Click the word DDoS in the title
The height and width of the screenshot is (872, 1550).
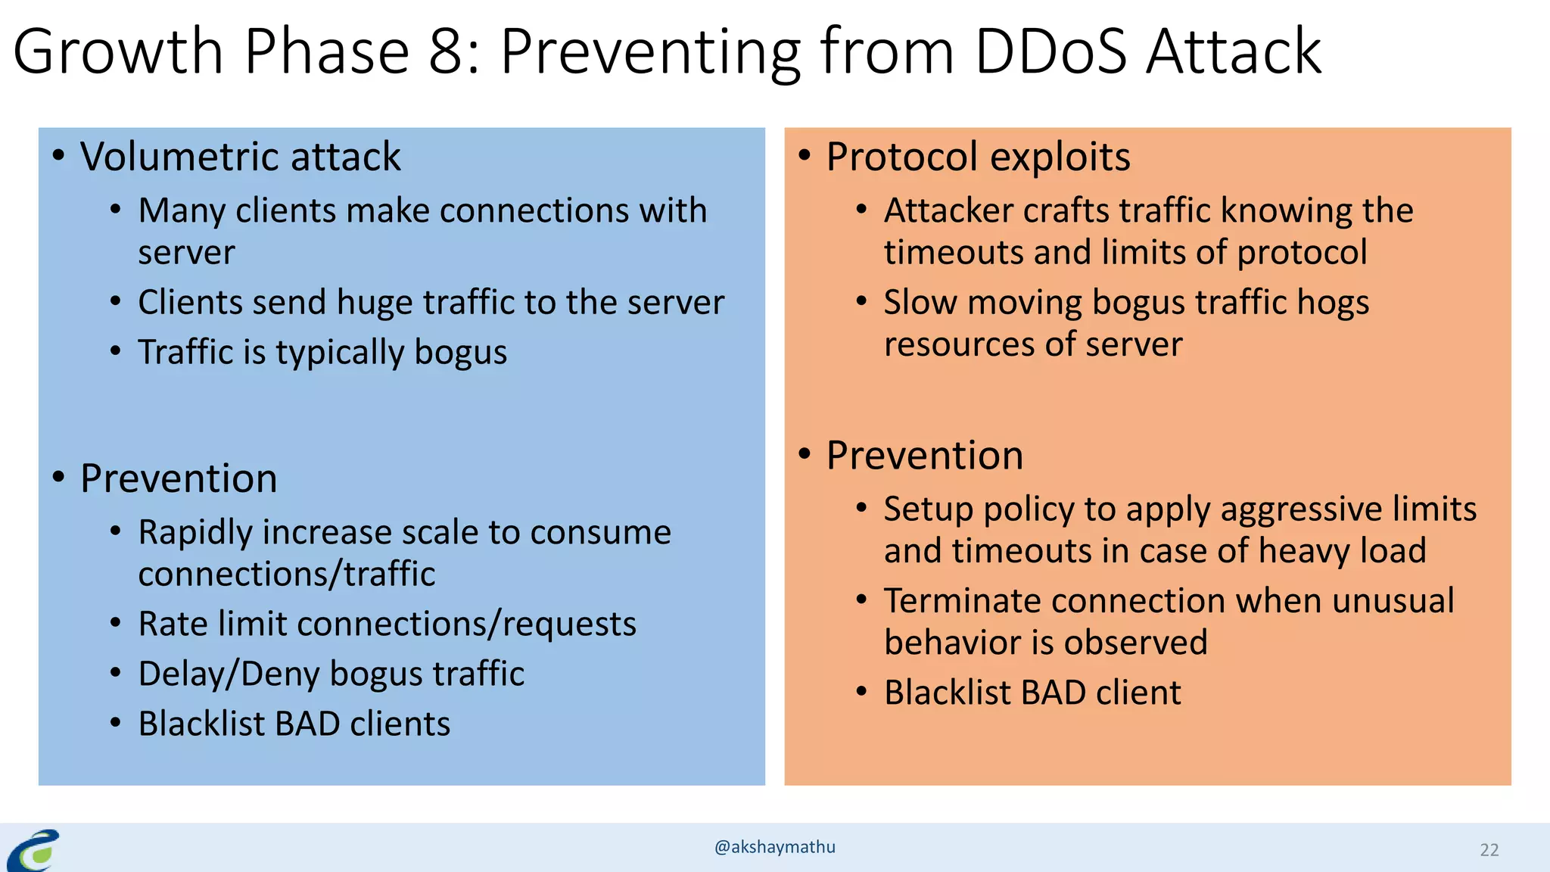pos(1050,51)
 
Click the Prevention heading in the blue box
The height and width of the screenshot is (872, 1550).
pos(179,478)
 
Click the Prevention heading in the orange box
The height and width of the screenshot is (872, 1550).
pos(924,456)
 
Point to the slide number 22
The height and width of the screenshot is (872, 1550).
pos(1489,850)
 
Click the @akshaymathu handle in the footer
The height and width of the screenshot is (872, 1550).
pos(774,847)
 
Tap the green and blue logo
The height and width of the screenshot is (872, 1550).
pos(34,851)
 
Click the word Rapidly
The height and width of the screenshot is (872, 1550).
pos(195,533)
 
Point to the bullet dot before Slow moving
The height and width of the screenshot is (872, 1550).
pos(861,301)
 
